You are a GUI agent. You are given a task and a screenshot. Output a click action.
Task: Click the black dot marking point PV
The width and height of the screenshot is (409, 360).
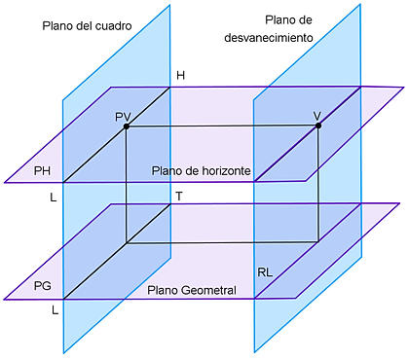[x=127, y=126]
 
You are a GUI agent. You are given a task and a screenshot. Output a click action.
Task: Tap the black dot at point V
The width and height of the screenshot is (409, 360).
[x=318, y=126]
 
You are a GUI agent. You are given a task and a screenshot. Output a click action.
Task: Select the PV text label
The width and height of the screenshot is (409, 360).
[x=123, y=117]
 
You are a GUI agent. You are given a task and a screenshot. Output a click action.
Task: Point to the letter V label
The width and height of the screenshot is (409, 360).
[x=317, y=116]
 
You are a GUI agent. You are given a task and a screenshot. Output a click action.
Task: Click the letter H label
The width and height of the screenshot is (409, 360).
[x=181, y=76]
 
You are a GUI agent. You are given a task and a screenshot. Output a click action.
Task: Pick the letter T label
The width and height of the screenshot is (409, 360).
[x=179, y=196]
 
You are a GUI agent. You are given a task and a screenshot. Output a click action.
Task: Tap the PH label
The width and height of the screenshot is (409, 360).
[x=42, y=171]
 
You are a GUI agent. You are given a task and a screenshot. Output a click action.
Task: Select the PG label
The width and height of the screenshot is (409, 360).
[x=43, y=286]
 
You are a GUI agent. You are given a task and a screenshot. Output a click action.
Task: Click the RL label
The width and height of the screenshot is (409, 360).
[x=265, y=272]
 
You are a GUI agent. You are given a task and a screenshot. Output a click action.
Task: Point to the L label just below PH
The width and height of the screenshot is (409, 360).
[x=54, y=198]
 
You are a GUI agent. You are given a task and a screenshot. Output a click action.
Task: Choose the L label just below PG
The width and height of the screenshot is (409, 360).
[x=56, y=310]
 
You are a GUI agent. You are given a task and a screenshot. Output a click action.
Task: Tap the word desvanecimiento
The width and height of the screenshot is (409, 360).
[x=269, y=38]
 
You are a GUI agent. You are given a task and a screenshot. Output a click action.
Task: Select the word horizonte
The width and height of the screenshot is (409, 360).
[x=222, y=171]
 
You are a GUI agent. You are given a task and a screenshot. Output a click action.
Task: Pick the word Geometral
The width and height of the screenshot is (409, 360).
[x=209, y=290]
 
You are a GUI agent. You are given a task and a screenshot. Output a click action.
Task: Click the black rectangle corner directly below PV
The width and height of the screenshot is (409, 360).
[x=127, y=242]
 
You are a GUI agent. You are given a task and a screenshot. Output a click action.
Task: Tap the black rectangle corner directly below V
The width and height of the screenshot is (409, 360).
[x=318, y=241]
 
